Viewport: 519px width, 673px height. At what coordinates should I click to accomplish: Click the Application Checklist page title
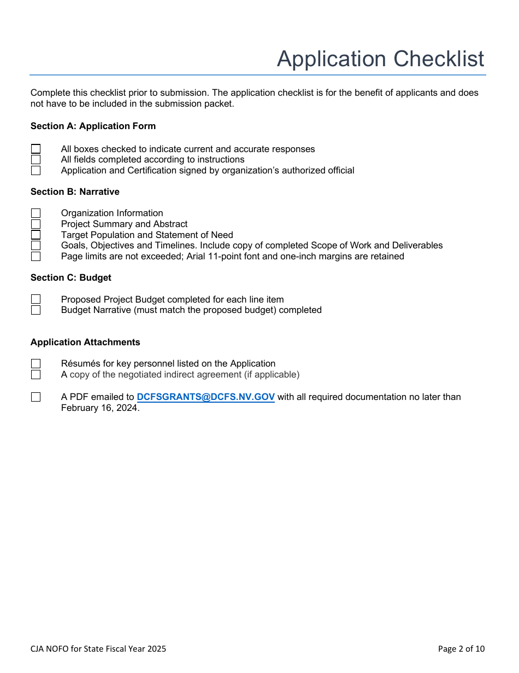click(380, 59)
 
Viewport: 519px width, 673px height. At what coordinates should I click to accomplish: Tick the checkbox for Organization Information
click(36, 213)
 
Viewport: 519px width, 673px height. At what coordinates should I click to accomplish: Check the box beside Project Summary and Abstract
click(36, 224)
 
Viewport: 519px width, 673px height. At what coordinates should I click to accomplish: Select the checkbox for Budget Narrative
click(36, 310)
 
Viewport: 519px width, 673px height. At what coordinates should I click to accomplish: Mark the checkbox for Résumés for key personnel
click(36, 364)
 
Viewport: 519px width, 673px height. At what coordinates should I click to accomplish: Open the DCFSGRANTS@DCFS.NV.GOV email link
click(205, 397)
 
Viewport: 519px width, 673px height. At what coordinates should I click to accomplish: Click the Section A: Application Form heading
click(93, 126)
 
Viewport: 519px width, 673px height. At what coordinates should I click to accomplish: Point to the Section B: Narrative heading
click(75, 192)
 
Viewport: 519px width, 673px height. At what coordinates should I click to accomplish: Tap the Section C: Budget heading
click(71, 278)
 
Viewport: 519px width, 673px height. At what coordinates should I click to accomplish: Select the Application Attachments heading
click(85, 343)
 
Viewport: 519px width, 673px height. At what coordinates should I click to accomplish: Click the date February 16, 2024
click(99, 408)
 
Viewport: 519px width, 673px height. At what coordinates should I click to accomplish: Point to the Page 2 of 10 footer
click(461, 649)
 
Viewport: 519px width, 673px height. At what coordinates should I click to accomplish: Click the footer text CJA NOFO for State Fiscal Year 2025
click(98, 649)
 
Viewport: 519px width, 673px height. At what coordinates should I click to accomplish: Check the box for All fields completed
click(36, 160)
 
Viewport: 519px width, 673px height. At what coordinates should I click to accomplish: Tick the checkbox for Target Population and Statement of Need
click(36, 235)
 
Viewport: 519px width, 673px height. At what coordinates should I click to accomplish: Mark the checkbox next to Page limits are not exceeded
click(36, 257)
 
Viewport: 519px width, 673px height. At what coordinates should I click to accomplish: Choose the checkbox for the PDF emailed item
click(36, 397)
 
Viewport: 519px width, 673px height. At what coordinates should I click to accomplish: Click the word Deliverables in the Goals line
click(417, 246)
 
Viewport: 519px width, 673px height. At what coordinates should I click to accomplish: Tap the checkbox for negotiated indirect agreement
click(36, 375)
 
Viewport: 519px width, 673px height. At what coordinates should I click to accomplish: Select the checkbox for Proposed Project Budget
click(36, 299)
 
